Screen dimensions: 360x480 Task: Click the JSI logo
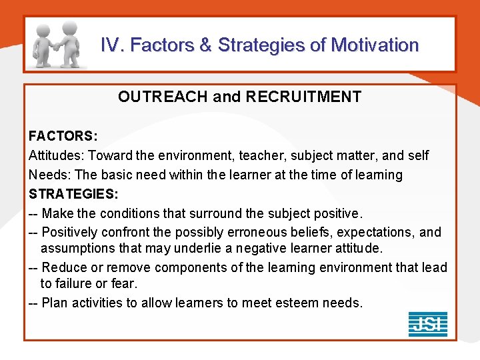tap(427, 324)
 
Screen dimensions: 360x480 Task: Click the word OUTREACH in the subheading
tap(163, 97)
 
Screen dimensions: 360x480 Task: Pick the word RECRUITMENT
tap(303, 97)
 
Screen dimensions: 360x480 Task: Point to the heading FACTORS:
tap(63, 136)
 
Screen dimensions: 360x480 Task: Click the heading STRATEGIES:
tap(73, 194)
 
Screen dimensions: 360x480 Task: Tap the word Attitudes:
tap(57, 155)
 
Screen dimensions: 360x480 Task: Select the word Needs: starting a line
tap(49, 175)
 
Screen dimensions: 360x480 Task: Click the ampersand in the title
tap(205, 45)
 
